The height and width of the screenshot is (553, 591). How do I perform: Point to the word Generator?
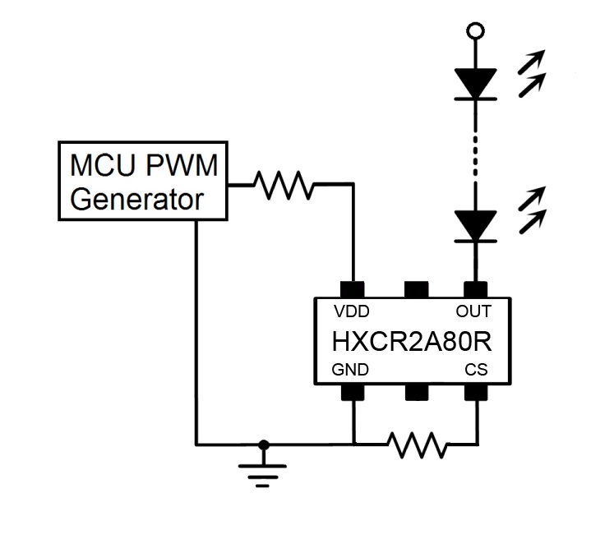click(136, 199)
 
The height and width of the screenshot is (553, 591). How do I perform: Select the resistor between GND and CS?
click(418, 445)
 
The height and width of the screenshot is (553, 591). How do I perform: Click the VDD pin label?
click(352, 312)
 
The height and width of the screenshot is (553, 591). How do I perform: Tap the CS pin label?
click(476, 370)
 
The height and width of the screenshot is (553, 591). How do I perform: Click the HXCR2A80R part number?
click(413, 341)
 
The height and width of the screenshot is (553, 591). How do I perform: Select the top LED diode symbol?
click(474, 83)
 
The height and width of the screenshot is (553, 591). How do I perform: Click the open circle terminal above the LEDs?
click(473, 31)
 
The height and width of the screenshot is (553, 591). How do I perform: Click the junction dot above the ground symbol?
click(263, 445)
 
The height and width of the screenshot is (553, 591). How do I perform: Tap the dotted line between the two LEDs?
click(474, 153)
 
